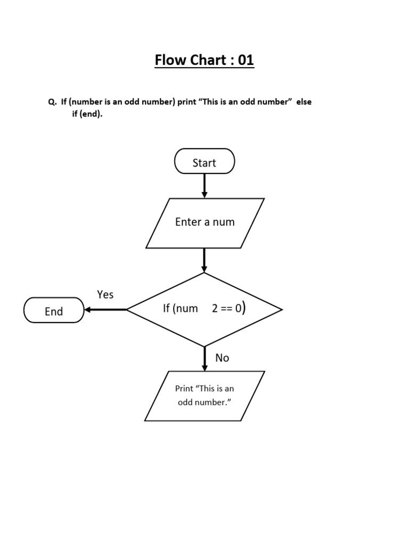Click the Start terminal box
click(x=204, y=161)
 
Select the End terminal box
click(x=54, y=310)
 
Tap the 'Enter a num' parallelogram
click(x=205, y=222)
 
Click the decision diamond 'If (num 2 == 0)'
click(x=204, y=309)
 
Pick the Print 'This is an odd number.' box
click(x=204, y=396)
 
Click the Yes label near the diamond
click(x=105, y=294)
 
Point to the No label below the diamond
click(x=222, y=358)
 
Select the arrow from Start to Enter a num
click(x=204, y=186)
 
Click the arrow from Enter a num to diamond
click(x=204, y=260)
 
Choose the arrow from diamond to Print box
click(x=204, y=359)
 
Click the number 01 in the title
click(x=246, y=60)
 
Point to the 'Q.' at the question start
click(x=52, y=102)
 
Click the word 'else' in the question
click(x=304, y=102)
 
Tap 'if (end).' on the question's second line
click(x=87, y=114)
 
